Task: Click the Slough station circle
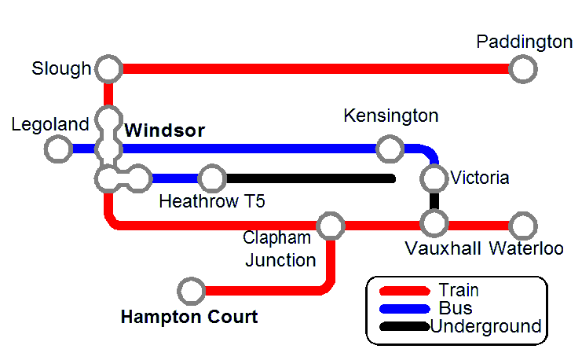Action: (x=108, y=68)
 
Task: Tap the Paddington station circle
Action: (x=522, y=68)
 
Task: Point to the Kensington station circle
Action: (x=388, y=148)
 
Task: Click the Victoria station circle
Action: (x=434, y=178)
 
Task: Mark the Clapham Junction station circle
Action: (x=331, y=226)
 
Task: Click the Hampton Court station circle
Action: (x=189, y=291)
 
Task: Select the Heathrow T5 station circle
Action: (x=211, y=178)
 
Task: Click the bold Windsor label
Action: (x=165, y=130)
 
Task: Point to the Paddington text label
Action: (x=525, y=42)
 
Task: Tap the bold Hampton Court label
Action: (x=189, y=318)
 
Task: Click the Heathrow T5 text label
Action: (x=212, y=201)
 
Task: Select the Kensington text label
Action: (x=391, y=116)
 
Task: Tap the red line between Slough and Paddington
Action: (x=314, y=68)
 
